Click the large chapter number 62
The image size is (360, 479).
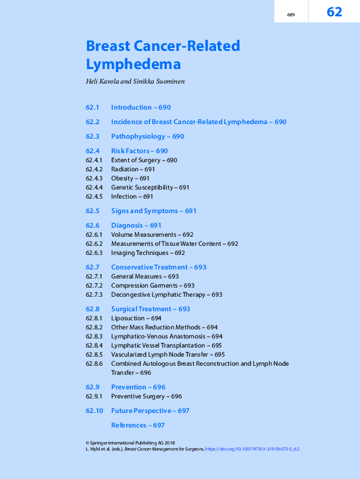[x=335, y=12]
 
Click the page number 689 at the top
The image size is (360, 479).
[x=291, y=15]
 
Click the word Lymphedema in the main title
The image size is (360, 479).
[x=133, y=64]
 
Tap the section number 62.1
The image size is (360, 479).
[x=93, y=107]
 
